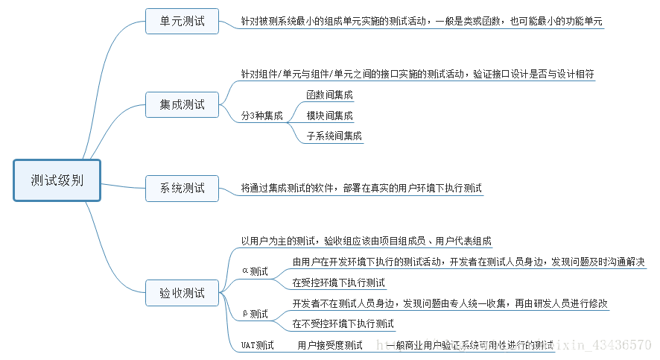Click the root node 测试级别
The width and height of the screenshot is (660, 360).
point(57,180)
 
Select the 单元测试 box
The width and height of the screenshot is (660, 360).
point(182,21)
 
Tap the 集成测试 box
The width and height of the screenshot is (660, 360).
point(182,104)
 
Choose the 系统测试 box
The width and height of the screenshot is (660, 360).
point(182,188)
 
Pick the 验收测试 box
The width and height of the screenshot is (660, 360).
point(182,293)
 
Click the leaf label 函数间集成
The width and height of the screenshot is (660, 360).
point(329,95)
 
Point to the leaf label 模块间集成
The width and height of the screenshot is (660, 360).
point(329,116)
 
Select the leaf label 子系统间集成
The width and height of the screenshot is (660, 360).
point(334,136)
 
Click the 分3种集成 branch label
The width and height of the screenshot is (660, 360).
point(261,116)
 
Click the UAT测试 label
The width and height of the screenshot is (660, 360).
point(257,345)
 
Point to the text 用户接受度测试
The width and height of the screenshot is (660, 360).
point(330,345)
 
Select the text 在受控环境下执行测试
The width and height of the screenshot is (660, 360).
point(338,282)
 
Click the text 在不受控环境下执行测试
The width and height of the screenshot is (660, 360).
point(343,323)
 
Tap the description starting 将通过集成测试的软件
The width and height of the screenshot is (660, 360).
point(361,188)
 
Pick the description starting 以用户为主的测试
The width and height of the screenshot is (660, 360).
point(366,241)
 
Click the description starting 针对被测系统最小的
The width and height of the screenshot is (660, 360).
point(422,22)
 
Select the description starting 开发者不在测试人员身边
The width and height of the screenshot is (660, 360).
point(450,304)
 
